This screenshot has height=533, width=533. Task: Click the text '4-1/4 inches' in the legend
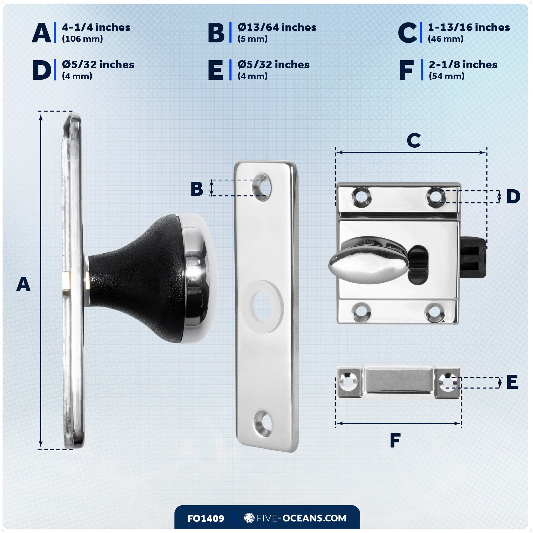click(x=96, y=27)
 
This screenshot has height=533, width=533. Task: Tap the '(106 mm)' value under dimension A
click(x=82, y=39)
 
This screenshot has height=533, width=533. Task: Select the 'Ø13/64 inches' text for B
click(x=277, y=27)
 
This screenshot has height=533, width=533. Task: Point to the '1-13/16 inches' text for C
click(x=469, y=27)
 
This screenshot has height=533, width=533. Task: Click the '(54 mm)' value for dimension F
click(x=446, y=76)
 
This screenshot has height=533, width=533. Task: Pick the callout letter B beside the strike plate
click(x=197, y=189)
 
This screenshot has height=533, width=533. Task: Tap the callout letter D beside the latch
click(x=513, y=197)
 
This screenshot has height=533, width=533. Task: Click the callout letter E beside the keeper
click(x=512, y=382)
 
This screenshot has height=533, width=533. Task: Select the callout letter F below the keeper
click(x=395, y=441)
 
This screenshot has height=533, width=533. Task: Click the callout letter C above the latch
click(x=414, y=141)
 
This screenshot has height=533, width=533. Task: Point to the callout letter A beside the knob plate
click(x=23, y=285)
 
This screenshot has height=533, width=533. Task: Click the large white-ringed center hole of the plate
click(x=262, y=307)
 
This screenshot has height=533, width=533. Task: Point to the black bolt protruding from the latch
click(x=472, y=258)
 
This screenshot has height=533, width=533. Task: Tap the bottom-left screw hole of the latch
click(x=361, y=312)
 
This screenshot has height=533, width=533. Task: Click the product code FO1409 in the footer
click(x=205, y=518)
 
